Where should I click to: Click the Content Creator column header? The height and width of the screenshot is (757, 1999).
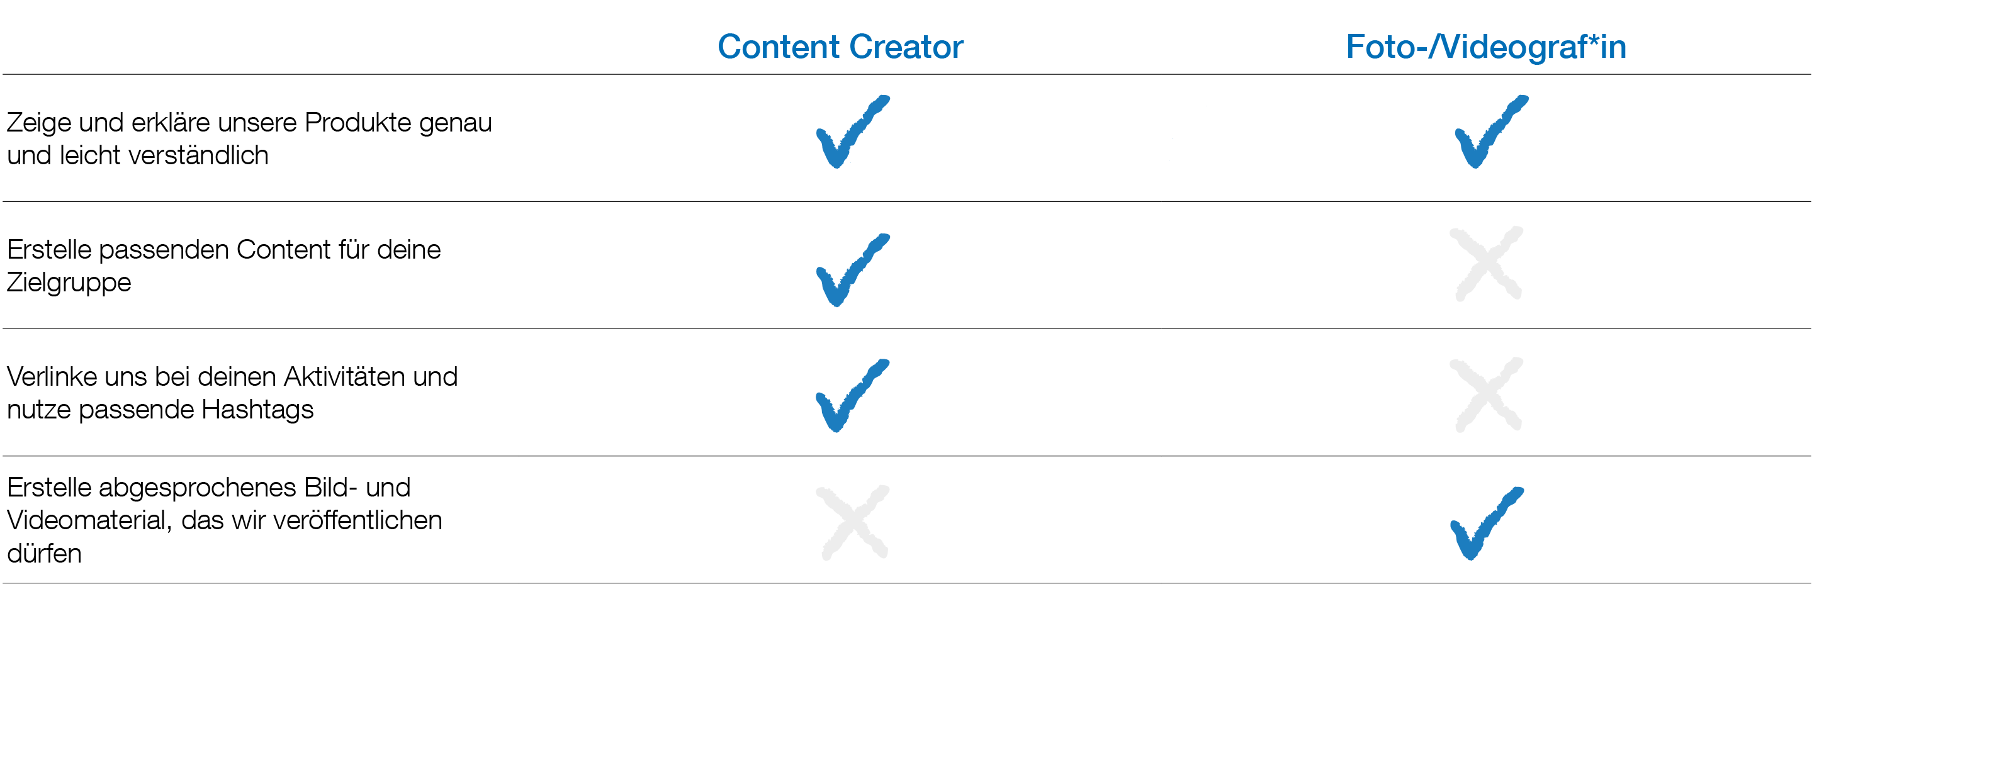coord(840,47)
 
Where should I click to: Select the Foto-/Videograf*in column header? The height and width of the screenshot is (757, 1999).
coord(1485,47)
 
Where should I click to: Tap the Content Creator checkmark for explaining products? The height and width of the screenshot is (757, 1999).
coord(852,132)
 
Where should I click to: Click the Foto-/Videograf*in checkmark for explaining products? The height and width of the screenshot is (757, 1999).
coord(1489,132)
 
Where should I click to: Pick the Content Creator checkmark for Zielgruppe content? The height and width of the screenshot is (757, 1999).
coord(852,270)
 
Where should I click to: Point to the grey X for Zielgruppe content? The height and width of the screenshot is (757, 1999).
coord(1486,264)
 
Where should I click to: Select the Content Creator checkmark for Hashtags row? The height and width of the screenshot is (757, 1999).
coord(852,396)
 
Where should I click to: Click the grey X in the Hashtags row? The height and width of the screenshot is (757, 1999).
coord(1486,394)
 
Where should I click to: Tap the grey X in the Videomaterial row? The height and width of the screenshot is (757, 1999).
coord(853,522)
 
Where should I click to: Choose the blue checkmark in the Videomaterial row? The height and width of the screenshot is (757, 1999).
coord(1485,524)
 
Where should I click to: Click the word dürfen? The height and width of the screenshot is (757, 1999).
coord(44,554)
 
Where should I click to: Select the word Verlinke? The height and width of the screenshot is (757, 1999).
coord(51,377)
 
